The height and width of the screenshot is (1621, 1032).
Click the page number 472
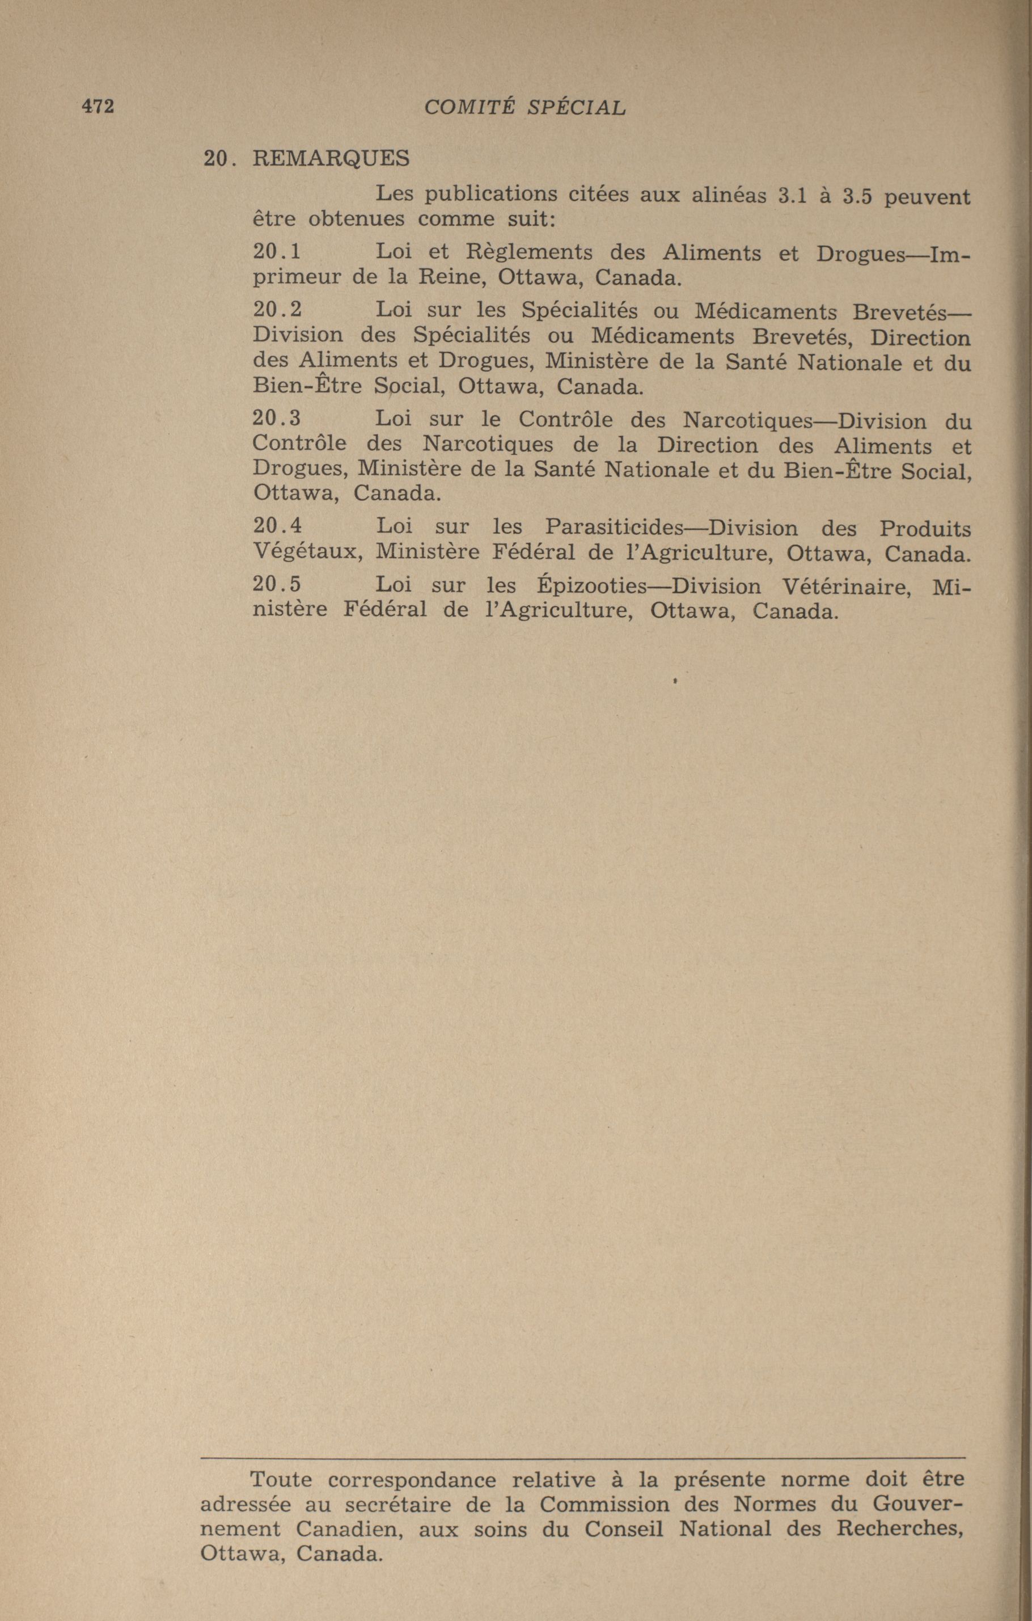(98, 107)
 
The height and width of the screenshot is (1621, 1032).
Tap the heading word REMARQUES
(331, 159)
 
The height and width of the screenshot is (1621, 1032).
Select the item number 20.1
(277, 252)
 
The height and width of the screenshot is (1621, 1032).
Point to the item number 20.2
(277, 310)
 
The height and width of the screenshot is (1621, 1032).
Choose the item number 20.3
(277, 418)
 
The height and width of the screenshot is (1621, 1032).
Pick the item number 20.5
(277, 584)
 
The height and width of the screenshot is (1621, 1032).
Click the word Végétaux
(309, 552)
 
